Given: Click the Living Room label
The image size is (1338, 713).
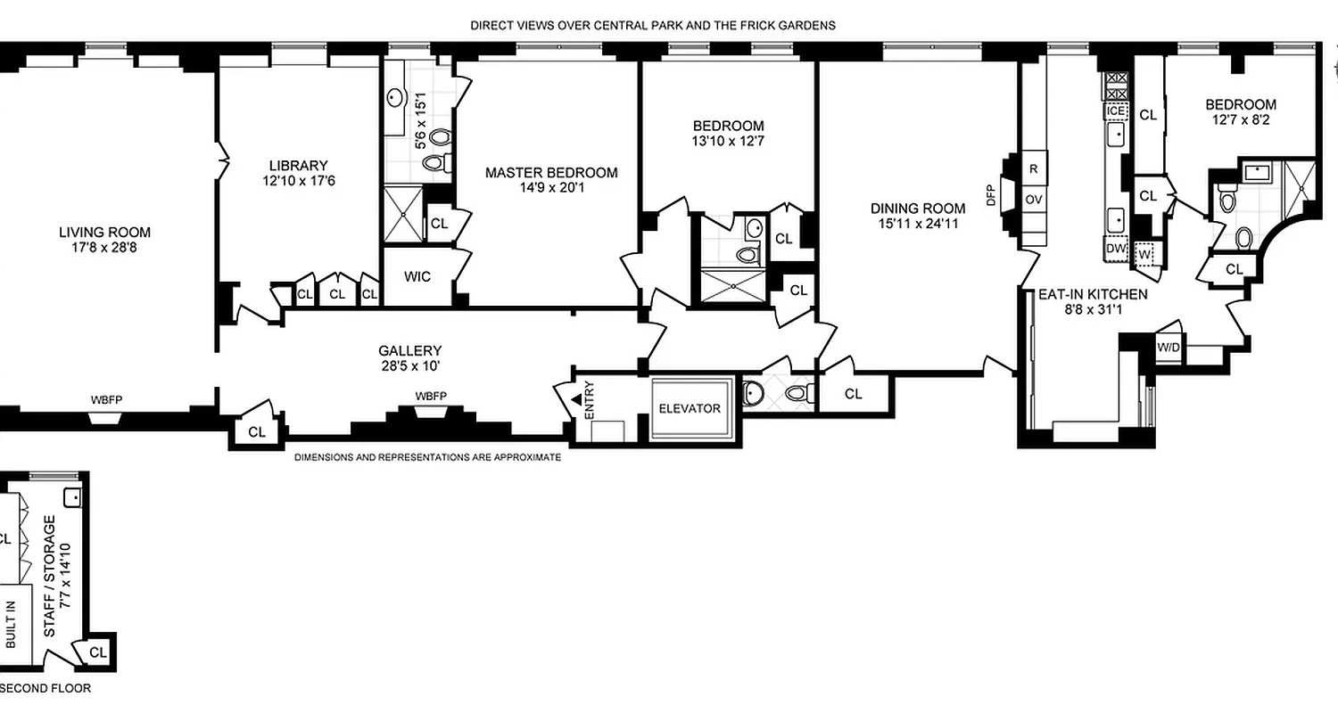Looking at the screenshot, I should coord(104,233).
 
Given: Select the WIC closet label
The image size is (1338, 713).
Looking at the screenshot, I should coord(417,276).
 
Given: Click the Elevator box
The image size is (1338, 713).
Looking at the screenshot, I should coord(689,408).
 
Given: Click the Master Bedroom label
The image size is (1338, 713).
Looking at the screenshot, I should coord(551,173).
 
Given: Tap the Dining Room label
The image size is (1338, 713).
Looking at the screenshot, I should coord(918,209).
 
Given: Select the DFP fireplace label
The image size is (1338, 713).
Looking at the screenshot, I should coord(990,195).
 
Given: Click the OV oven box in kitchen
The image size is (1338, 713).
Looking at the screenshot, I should coord(1034,200).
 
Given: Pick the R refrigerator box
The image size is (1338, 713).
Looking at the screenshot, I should coord(1034,168).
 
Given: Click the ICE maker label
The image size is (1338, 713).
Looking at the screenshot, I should coord(1116,111).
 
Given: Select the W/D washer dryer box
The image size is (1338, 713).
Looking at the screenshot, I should coord(1169,347).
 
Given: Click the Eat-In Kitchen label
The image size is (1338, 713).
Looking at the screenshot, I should coord(1092,294).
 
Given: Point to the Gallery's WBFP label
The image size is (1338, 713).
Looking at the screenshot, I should coord(431,397).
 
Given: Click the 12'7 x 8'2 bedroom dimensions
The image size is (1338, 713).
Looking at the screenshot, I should coord(1243,120).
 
